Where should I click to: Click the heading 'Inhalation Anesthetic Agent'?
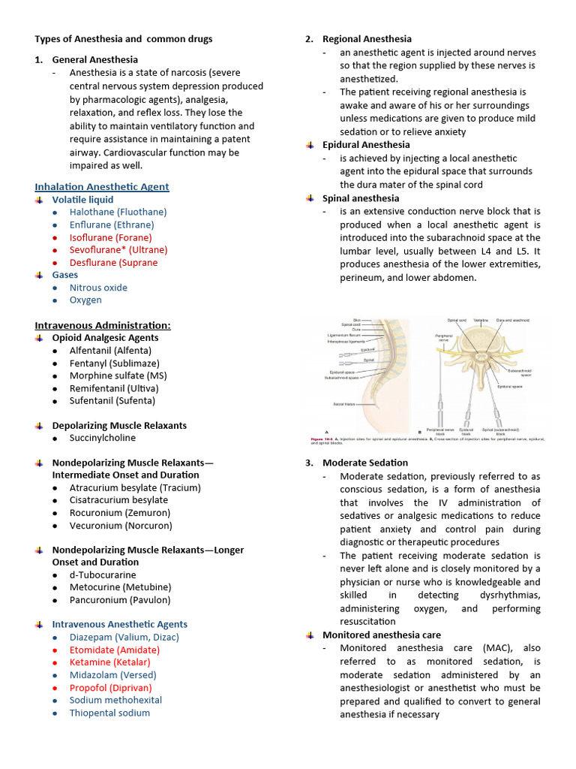click(x=102, y=186)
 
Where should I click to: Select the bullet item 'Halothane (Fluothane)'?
click(x=118, y=212)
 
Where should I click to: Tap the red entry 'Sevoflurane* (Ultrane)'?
click(x=118, y=249)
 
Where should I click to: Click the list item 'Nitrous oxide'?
click(x=98, y=288)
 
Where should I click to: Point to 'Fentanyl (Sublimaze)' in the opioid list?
click(x=115, y=363)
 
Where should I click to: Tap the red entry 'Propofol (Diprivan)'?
click(x=110, y=687)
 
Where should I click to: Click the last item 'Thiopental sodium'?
click(x=109, y=713)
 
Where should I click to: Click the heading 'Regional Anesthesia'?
click(x=367, y=39)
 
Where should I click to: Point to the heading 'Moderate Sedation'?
click(x=365, y=463)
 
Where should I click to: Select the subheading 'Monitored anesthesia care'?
click(x=382, y=635)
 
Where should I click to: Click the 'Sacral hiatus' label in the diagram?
click(x=344, y=404)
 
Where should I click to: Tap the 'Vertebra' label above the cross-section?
click(x=481, y=320)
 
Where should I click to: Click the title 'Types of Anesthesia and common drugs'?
click(x=124, y=39)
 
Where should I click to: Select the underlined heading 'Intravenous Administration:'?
click(x=103, y=324)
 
